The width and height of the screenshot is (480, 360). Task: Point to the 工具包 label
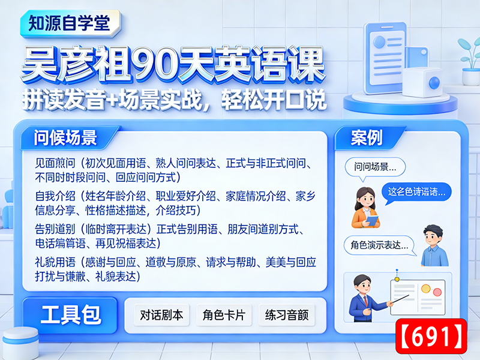pos(71,315)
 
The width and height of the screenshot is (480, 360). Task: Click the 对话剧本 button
pos(162,315)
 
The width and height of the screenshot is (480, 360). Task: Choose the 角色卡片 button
pos(224,315)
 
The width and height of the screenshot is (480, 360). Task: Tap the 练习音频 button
pos(287,315)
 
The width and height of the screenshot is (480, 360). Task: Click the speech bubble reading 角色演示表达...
pos(379,245)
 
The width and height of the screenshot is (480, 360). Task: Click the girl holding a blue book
pos(365,207)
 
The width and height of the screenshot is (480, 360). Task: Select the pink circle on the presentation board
pos(427,289)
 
